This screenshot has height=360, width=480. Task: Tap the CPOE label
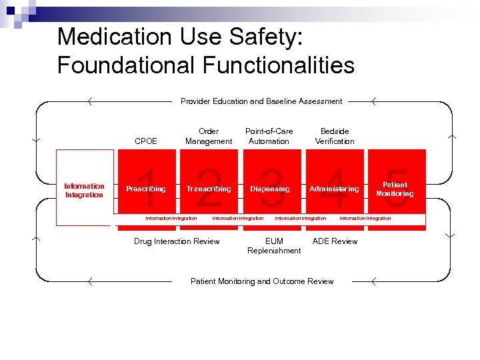(146, 141)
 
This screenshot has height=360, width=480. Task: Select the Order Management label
(209, 136)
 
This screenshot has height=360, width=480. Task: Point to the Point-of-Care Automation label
(269, 136)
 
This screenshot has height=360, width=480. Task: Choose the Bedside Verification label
(335, 136)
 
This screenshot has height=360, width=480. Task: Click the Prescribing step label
(146, 189)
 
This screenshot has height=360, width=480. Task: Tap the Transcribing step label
(209, 189)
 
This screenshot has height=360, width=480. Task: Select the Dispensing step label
(269, 189)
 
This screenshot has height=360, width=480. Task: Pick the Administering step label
(334, 189)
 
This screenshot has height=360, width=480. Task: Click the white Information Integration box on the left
(84, 190)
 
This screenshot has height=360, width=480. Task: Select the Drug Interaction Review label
(177, 241)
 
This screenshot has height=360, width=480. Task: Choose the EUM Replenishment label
(274, 246)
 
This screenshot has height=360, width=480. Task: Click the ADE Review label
(335, 241)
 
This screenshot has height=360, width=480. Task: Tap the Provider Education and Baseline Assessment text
(261, 101)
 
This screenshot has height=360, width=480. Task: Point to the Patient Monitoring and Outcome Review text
(262, 281)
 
